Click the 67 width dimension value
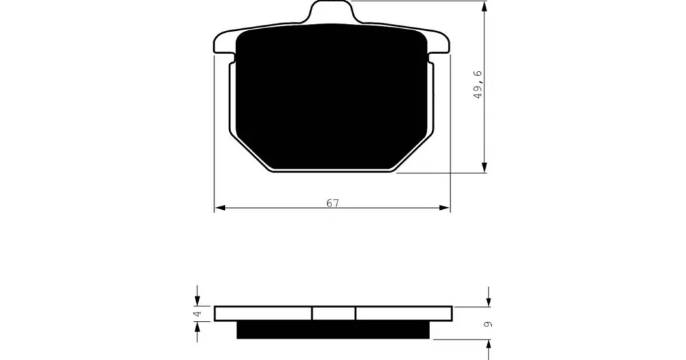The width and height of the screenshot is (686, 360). (333, 203)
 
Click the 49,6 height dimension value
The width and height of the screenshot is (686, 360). (477, 84)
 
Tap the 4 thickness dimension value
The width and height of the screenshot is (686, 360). (198, 313)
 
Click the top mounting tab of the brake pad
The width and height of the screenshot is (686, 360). (331, 10)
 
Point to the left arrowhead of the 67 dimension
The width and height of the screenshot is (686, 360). (220, 208)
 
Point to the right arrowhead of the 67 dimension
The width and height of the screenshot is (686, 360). (445, 208)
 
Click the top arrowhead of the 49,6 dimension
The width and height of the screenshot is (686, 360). (484, 7)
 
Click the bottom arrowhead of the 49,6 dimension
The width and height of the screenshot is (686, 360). (484, 167)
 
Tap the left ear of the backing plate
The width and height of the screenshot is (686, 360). (224, 44)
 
